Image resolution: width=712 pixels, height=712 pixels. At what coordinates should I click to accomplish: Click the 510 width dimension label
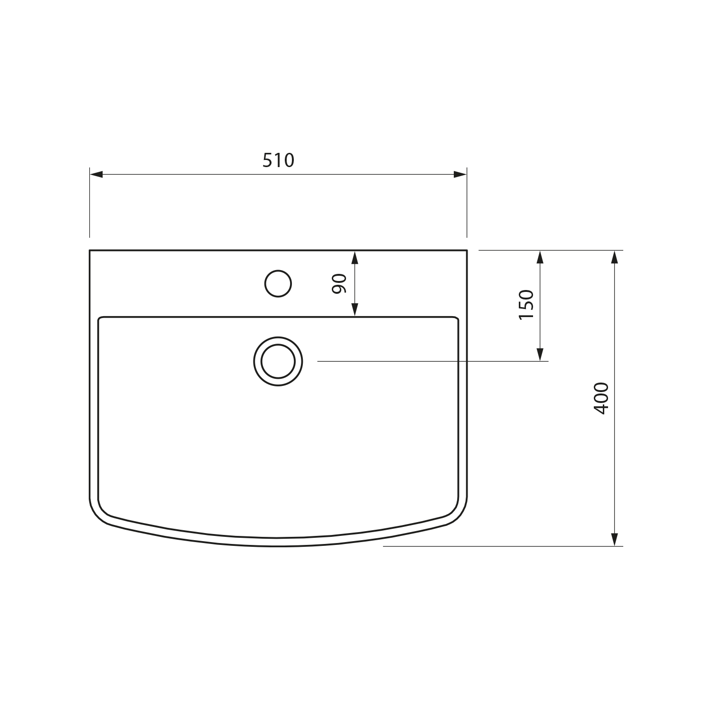tap(279, 160)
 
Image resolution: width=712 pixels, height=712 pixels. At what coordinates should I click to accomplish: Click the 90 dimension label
tap(339, 284)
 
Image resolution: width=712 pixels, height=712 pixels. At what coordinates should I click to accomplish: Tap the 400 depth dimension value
tap(601, 398)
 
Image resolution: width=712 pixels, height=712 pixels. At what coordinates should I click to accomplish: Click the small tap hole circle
tap(278, 283)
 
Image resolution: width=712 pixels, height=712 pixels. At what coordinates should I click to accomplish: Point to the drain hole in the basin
tap(278, 361)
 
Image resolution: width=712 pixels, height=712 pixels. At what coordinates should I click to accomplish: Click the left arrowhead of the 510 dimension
tap(96, 174)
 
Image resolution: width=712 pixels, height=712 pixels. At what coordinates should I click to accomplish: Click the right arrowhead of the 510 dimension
tap(460, 174)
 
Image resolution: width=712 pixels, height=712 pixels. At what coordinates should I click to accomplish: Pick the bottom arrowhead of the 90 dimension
tap(355, 309)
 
